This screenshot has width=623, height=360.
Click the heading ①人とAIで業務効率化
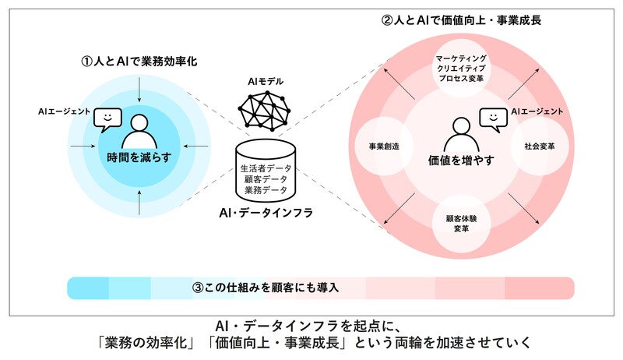(139, 62)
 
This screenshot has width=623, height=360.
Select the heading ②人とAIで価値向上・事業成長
(461, 19)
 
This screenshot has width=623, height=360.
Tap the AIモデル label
(266, 82)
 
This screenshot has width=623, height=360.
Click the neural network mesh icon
(265, 111)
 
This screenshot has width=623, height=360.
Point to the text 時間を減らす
(139, 157)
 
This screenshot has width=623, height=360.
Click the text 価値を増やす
(461, 161)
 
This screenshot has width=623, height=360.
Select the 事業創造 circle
(384, 146)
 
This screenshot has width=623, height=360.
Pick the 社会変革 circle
(539, 146)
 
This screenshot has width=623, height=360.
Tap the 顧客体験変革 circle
(461, 224)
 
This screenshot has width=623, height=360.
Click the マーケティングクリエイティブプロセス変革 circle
(461, 69)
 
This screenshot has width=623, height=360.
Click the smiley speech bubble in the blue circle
(107, 120)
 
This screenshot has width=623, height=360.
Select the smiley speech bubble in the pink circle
(494, 120)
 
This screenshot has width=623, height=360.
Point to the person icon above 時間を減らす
(139, 132)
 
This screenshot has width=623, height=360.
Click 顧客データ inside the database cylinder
(266, 179)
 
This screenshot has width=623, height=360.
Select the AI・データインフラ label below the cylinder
(266, 213)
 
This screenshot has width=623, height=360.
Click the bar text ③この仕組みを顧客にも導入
(266, 288)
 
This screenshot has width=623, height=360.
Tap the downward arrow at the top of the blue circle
(139, 90)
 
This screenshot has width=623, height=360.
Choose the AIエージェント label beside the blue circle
(65, 111)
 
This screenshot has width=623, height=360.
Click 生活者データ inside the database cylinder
(266, 168)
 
